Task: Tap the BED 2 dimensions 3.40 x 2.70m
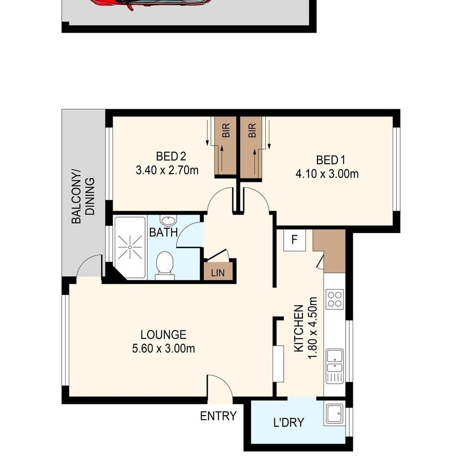point(168,171)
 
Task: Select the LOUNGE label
point(163,335)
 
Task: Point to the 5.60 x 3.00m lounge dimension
point(163,349)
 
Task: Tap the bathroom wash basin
point(168,222)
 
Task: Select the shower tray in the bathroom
point(130,248)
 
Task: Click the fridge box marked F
point(294,240)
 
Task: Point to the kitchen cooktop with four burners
point(335,299)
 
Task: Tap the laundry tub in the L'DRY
point(335,412)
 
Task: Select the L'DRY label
point(288,423)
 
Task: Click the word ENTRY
point(218,416)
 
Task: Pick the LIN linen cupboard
point(218,272)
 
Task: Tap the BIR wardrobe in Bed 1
point(252,146)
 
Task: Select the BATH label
point(160,233)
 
